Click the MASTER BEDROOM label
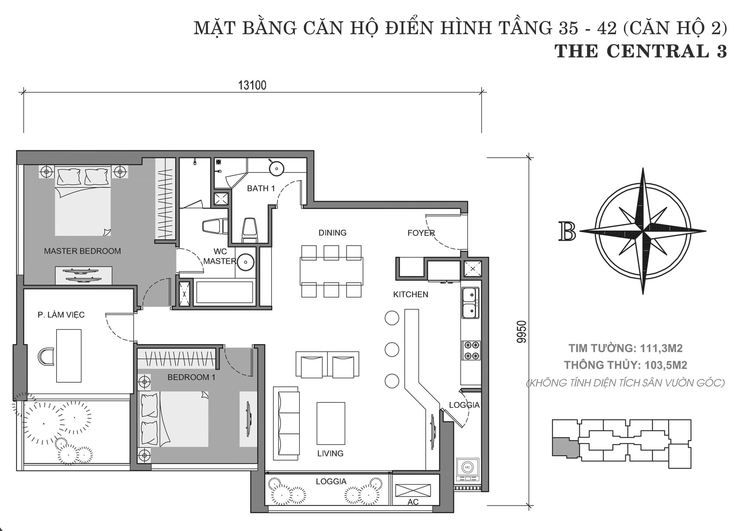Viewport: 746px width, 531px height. tap(82, 251)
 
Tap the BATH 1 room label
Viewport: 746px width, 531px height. tap(261, 188)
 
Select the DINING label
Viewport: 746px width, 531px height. tap(332, 233)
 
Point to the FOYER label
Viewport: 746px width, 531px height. tap(421, 233)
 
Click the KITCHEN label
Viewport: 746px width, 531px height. tap(411, 294)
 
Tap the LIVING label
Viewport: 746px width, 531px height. tap(330, 453)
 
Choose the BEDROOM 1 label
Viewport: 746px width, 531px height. tap(191, 377)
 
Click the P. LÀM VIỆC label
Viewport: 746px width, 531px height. tap(61, 314)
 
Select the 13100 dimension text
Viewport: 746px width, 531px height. tap(252, 85)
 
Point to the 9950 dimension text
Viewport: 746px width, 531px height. tap(522, 331)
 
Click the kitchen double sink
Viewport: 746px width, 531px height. tap(471, 303)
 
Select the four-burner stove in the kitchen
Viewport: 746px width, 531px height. tap(471, 350)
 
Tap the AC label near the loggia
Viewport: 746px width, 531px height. tap(413, 502)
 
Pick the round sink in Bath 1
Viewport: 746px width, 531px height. tap(277, 168)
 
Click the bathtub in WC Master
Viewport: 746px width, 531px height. tap(224, 292)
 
